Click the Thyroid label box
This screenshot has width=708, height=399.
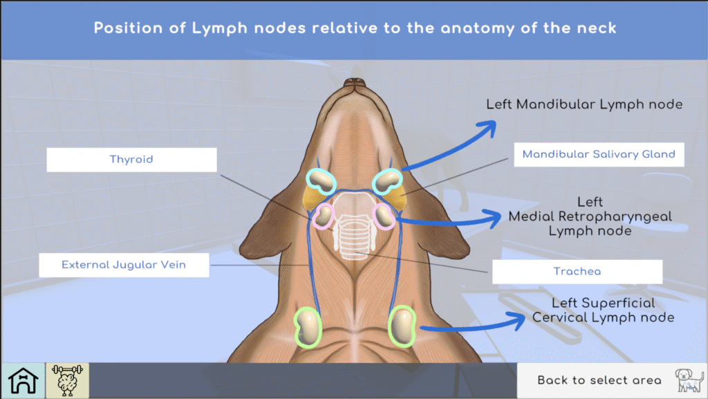pos(131,160)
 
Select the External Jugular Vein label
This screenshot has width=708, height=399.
pos(124,265)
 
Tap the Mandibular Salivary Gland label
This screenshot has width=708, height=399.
pos(599,154)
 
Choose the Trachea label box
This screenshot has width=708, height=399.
pos(577,272)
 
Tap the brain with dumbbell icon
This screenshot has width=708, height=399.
pos(67,380)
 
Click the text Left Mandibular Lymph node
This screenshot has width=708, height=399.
pos(584,104)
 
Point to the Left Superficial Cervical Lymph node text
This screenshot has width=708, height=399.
pos(603,310)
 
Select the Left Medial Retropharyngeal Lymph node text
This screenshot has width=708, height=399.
pos(590,216)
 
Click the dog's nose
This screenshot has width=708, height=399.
pos(355,84)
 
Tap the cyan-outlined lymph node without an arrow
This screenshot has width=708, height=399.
pos(321,180)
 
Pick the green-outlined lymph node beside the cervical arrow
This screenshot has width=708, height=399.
pos(402,325)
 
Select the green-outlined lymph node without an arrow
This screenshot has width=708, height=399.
pos(308,326)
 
